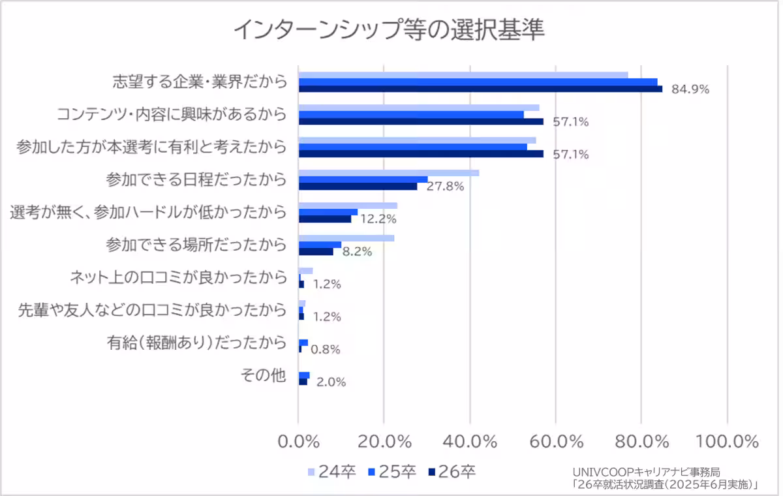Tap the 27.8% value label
(x=445, y=187)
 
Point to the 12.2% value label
(x=379, y=219)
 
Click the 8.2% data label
(x=357, y=251)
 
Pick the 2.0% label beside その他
(x=331, y=382)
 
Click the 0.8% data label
(x=325, y=350)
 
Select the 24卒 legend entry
(x=331, y=472)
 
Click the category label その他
(x=264, y=375)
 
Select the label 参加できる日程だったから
(x=196, y=179)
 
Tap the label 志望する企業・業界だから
(x=200, y=82)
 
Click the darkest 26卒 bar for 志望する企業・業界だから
(x=480, y=89)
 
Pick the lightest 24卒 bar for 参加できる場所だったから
(x=346, y=238)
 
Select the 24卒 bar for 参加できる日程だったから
(x=389, y=173)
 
